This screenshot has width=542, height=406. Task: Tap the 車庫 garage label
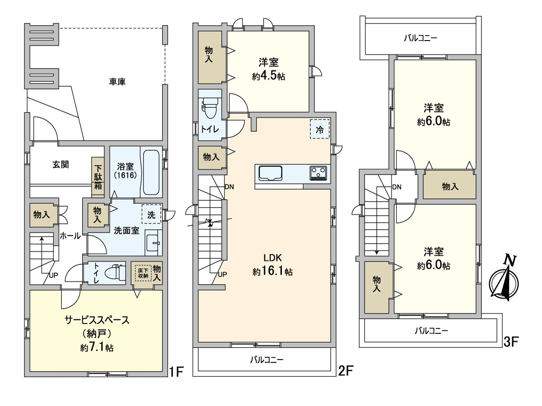(x=117, y=82)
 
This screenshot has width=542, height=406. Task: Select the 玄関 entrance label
(x=61, y=164)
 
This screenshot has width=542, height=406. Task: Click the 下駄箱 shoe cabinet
(x=98, y=177)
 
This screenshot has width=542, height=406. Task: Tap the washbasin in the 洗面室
(x=153, y=243)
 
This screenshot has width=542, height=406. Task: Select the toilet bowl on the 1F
(x=114, y=273)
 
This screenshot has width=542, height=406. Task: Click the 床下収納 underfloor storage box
(x=143, y=273)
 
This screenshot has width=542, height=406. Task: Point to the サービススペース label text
(x=97, y=320)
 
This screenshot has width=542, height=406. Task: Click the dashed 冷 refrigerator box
(x=320, y=129)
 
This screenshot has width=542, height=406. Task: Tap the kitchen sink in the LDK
(x=271, y=174)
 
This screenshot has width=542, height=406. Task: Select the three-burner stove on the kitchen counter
(x=318, y=174)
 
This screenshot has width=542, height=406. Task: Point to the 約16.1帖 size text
(x=273, y=272)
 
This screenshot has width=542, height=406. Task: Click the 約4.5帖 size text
(x=269, y=76)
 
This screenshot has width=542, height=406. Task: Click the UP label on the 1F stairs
(x=53, y=276)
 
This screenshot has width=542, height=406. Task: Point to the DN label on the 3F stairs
(x=397, y=187)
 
